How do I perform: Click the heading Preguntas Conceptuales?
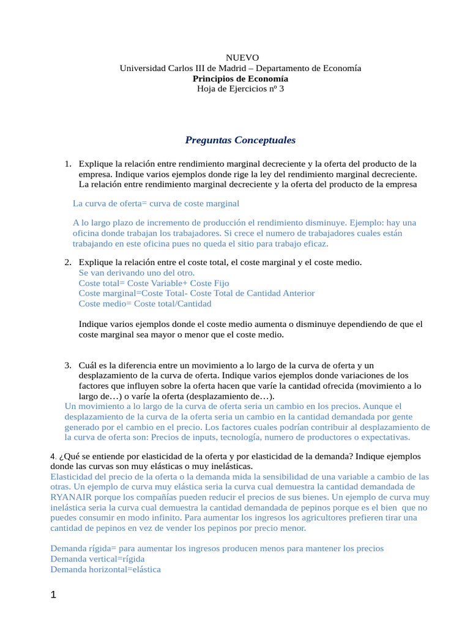pos(240,140)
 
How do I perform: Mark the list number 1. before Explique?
pos(68,163)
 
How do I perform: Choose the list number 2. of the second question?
pos(68,262)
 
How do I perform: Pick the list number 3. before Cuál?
pos(68,365)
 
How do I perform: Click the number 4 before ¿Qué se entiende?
pos(52,457)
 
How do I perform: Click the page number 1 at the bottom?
pos(53,595)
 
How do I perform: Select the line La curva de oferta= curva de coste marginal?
pos(155,203)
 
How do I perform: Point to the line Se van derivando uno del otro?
pos(137,272)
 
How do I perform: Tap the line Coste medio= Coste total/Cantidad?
pos(145,303)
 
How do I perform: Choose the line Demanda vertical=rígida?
pos(97,558)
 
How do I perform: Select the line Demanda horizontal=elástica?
pos(105,569)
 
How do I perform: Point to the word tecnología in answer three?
pos(261,437)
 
